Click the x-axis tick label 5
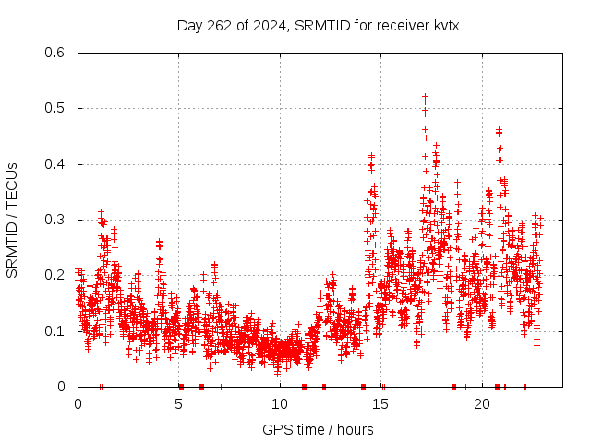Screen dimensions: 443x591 pyautogui.click(x=179, y=403)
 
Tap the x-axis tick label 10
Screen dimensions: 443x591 pyautogui.click(x=280, y=403)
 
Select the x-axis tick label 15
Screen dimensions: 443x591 pyautogui.click(x=381, y=403)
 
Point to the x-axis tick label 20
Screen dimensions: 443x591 pyautogui.click(x=482, y=403)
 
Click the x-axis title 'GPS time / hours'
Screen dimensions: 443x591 pyautogui.click(x=318, y=429)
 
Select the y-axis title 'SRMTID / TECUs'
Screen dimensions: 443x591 pyautogui.click(x=12, y=221)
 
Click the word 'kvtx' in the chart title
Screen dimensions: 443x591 pyautogui.click(x=443, y=25)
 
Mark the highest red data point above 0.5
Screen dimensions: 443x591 pyautogui.click(x=425, y=96)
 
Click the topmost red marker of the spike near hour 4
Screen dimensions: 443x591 pyautogui.click(x=160, y=242)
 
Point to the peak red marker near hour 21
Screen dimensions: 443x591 pyautogui.click(x=499, y=130)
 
